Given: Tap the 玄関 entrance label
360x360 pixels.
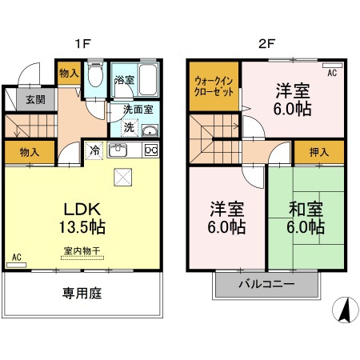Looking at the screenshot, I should pyautogui.click(x=34, y=100).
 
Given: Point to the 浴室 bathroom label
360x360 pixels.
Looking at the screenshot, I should pyautogui.click(x=124, y=80).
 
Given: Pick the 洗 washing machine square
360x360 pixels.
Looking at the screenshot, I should pyautogui.click(x=129, y=128).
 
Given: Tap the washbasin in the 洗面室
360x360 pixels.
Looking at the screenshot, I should pyautogui.click(x=149, y=130).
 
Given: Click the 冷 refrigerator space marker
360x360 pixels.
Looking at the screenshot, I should pyautogui.click(x=94, y=150).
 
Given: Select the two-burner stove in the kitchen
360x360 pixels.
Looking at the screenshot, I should pyautogui.click(x=151, y=150).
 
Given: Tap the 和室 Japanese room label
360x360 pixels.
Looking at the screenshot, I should pyautogui.click(x=306, y=210).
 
